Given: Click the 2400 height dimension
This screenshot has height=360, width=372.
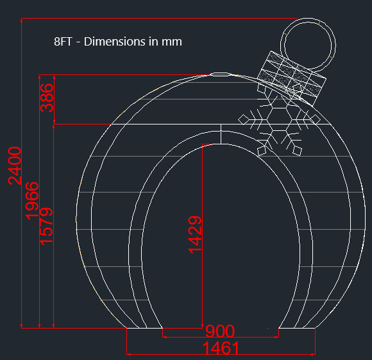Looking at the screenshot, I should [x=15, y=165].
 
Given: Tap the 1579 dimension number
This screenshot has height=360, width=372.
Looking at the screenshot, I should [x=46, y=225].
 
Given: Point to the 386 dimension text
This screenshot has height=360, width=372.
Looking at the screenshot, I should [x=47, y=98].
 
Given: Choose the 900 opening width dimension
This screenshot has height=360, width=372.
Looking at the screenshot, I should [x=220, y=332].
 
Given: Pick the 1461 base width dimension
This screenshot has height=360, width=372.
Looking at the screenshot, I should [x=221, y=348].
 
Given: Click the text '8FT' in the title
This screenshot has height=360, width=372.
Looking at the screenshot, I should [x=63, y=42].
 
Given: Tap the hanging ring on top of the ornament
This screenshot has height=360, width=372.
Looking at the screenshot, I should [x=309, y=43].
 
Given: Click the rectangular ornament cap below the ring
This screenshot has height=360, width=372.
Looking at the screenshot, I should [x=292, y=76].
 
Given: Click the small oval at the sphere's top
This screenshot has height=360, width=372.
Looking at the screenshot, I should [x=220, y=74].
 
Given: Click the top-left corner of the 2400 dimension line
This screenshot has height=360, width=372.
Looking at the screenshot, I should [x=22, y=20].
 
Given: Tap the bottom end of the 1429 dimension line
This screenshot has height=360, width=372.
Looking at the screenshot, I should [x=202, y=328].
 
